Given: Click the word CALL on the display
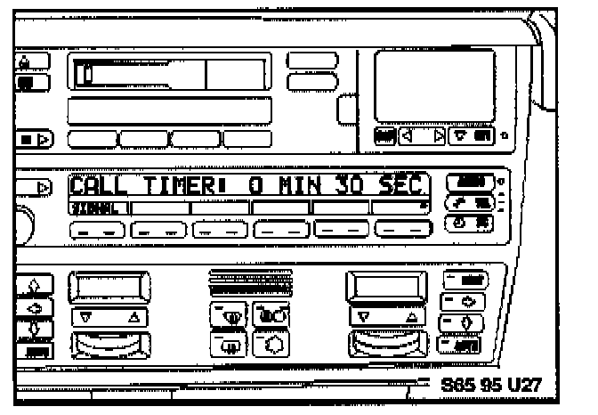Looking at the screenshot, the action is (99, 188).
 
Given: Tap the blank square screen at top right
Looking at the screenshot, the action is (434, 85).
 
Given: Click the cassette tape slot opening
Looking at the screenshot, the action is (142, 72).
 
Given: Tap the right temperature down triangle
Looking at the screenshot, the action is (362, 315).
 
